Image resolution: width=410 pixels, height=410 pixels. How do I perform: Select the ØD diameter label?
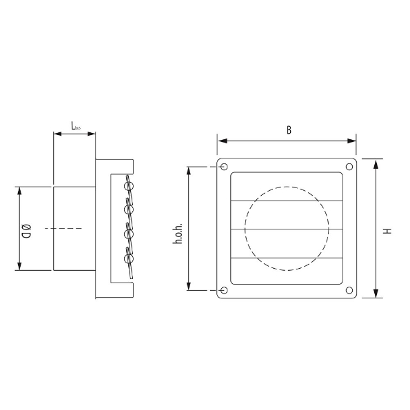tap(26, 228)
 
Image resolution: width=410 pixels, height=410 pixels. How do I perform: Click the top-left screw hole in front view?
tap(223, 167)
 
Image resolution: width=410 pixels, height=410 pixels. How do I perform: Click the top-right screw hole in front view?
tap(349, 167)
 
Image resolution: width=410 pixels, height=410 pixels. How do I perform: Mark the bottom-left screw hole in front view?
tap(223, 291)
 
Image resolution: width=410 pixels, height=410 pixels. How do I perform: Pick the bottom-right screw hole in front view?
tap(349, 291)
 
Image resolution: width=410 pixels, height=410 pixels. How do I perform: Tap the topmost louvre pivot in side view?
tap(127, 185)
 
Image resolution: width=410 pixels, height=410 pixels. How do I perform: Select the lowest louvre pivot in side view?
tap(127, 260)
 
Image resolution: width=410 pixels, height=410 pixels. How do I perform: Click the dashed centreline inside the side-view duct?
tap(62, 228)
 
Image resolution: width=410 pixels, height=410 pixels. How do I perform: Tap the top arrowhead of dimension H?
tap(376, 163)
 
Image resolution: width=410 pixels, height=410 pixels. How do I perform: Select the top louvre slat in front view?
tap(286, 186)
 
